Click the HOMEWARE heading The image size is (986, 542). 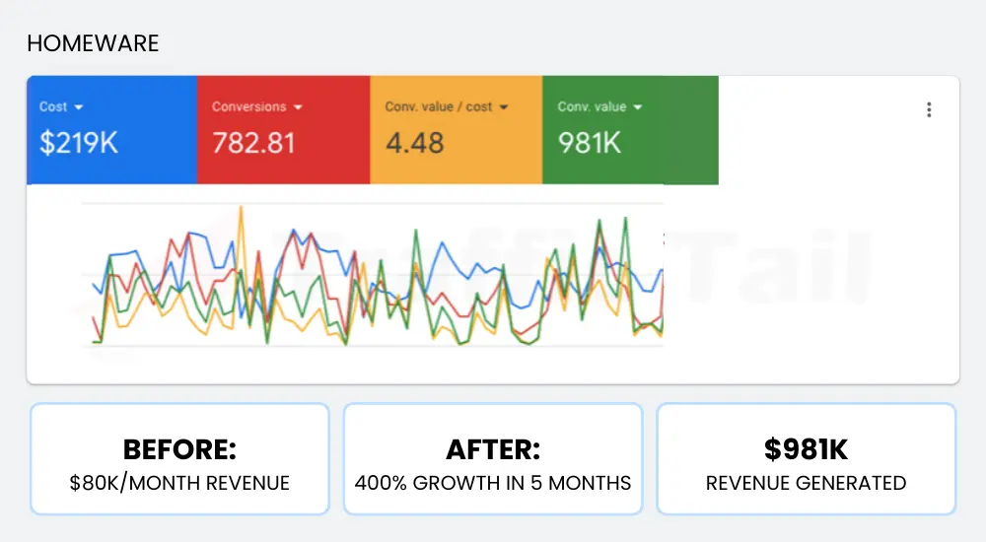(x=93, y=43)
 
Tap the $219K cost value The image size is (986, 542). (x=78, y=143)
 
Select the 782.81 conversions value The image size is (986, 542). (x=253, y=143)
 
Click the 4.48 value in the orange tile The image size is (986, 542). (x=414, y=143)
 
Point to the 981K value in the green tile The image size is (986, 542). (x=589, y=143)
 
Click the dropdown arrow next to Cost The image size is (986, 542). (x=79, y=107)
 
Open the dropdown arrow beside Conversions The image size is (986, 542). (x=298, y=107)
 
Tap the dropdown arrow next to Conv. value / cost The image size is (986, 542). (x=504, y=107)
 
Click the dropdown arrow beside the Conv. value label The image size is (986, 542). (x=638, y=107)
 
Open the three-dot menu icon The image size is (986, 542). (x=929, y=109)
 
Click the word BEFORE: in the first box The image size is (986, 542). (x=179, y=450)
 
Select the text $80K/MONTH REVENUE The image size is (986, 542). (x=179, y=483)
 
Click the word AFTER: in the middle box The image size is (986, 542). (x=493, y=450)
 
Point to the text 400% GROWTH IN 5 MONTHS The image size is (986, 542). (x=493, y=483)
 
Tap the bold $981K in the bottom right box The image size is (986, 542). (x=806, y=450)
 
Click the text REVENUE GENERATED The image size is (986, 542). (x=806, y=483)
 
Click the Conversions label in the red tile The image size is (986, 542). (x=248, y=107)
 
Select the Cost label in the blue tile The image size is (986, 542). (x=53, y=107)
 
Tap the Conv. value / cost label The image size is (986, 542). (x=438, y=107)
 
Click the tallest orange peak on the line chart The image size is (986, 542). (x=241, y=209)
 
